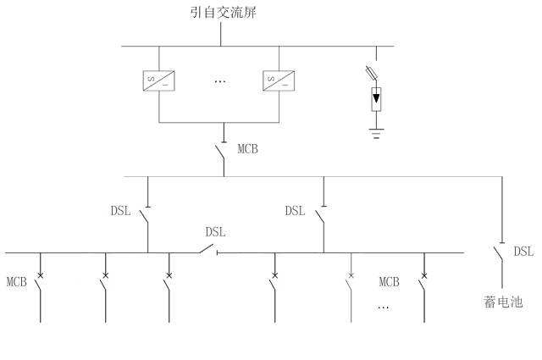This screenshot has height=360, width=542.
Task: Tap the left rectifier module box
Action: coord(156,81)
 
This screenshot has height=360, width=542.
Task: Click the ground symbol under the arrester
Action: coord(375,133)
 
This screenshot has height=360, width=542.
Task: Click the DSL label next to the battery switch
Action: coord(524,251)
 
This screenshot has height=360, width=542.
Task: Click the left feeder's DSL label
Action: coord(121,211)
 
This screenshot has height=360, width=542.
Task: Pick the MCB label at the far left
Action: coord(18,280)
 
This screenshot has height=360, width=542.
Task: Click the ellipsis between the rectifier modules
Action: coord(220,82)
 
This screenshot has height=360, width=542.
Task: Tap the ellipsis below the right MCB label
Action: coord(383,306)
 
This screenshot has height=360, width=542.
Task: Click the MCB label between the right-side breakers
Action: coord(389,280)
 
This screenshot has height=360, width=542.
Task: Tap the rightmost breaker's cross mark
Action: coord(423,275)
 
